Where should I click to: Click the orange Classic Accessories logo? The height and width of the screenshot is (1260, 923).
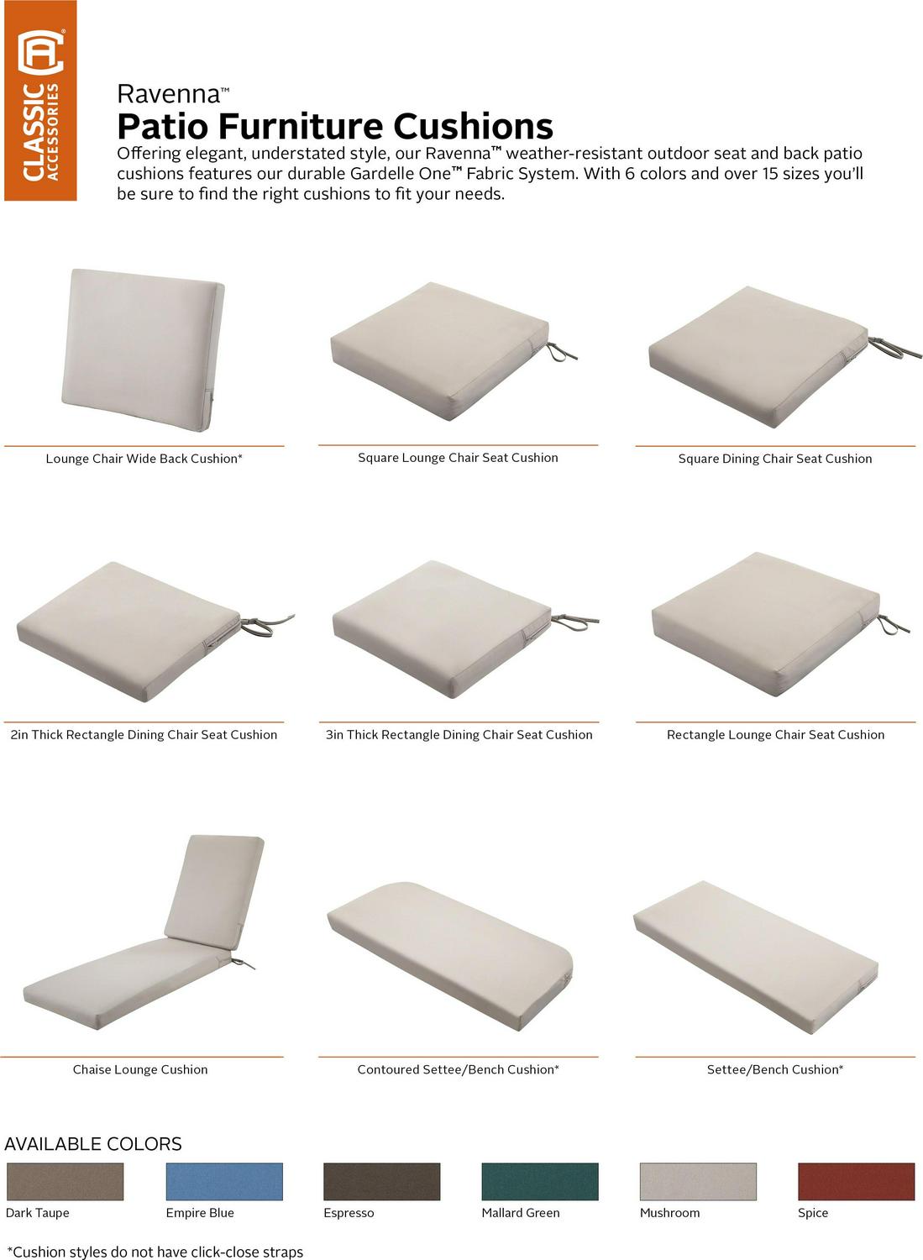(40, 101)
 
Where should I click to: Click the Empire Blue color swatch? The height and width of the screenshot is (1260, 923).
(224, 1181)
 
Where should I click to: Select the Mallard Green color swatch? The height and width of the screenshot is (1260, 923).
(540, 1181)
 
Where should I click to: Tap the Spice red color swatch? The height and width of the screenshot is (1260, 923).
(857, 1181)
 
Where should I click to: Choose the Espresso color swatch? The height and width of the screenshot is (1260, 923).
(382, 1181)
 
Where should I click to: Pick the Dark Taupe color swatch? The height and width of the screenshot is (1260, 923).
(66, 1181)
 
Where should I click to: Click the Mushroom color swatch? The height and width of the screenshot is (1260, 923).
(698, 1181)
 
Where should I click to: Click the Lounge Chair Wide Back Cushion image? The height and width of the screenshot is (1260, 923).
(144, 350)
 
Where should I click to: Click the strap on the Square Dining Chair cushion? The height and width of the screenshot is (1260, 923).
(894, 349)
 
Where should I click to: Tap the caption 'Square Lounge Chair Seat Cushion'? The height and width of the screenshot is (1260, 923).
(458, 458)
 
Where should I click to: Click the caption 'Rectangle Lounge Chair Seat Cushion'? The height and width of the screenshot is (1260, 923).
(776, 735)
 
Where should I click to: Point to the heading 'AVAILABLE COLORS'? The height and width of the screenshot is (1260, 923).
(93, 1143)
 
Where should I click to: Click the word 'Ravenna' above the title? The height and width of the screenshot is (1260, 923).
(169, 94)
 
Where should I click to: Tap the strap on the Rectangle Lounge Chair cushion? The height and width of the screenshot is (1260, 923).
(893, 625)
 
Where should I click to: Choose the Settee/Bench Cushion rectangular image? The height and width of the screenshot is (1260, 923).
(756, 956)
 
